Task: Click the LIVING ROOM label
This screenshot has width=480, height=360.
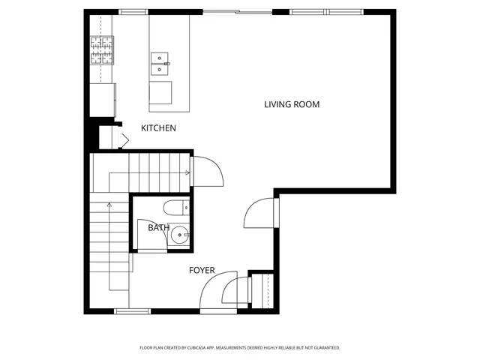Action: (292, 104)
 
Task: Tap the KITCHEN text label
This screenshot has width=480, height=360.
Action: (158, 128)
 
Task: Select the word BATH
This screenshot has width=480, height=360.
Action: (158, 227)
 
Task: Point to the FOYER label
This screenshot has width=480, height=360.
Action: (202, 270)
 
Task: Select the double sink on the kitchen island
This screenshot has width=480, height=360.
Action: (160, 64)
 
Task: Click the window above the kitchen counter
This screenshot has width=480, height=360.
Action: (133, 12)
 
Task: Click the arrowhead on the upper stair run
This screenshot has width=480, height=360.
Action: (187, 172)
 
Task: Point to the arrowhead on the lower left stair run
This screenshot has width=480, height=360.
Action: (110, 203)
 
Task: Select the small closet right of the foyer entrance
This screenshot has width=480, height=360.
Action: (260, 290)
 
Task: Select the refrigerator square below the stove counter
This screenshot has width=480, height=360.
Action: (103, 98)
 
